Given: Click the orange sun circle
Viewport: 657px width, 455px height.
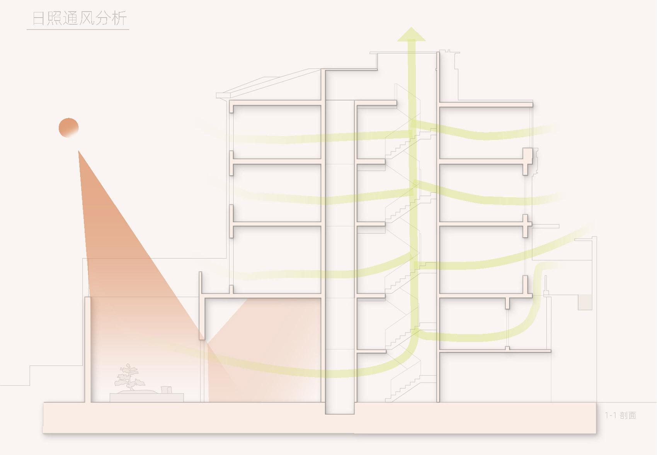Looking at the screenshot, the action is point(69,128).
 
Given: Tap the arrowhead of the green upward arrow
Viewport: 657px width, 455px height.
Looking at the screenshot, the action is point(411,34).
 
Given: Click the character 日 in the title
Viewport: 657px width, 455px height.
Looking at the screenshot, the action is point(38,19).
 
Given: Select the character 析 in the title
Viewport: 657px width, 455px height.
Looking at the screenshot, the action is point(119,19).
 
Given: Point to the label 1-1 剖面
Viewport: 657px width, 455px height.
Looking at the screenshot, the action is point(620,416).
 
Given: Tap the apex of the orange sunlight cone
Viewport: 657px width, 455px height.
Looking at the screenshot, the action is point(78,151).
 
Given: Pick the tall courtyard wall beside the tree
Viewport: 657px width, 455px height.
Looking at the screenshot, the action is point(88,350).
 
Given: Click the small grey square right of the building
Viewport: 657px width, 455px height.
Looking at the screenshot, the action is point(585,302).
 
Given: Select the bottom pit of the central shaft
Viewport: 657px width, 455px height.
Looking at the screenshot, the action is point(340,408).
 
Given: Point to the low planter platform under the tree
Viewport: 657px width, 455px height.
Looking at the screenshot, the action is point(146,397).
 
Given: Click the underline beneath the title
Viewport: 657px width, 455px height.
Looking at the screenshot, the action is point(78,29).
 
